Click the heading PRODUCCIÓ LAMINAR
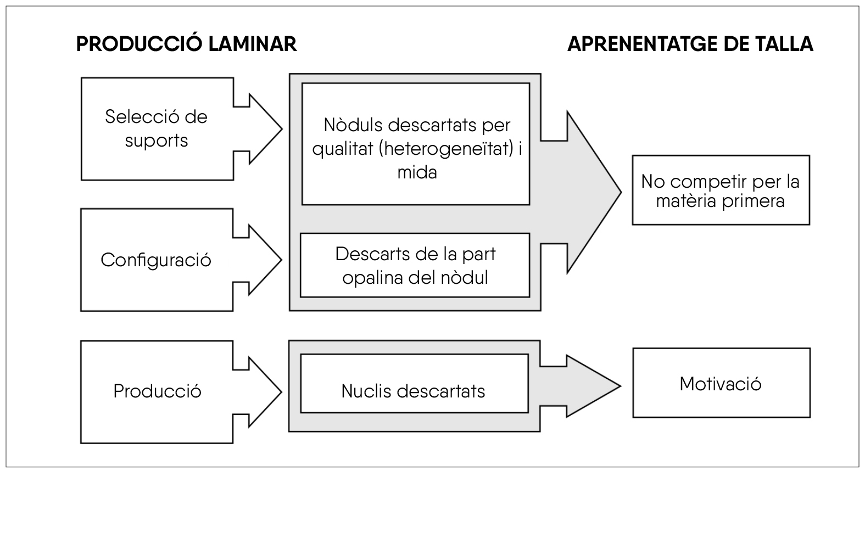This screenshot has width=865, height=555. pos(186,44)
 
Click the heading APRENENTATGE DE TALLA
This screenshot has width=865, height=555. pos(690,44)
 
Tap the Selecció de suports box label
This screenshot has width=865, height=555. pos(157,128)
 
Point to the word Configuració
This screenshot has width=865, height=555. pos(156,260)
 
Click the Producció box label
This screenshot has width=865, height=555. pos(157,391)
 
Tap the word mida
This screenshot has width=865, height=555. pos(417,172)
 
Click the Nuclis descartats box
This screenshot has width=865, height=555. pos(414,391)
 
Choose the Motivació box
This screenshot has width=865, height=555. pos(721,383)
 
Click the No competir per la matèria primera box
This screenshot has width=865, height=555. pos(720,190)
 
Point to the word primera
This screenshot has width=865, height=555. pos(753,201)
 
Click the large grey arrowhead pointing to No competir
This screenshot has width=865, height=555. pos(593,192)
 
